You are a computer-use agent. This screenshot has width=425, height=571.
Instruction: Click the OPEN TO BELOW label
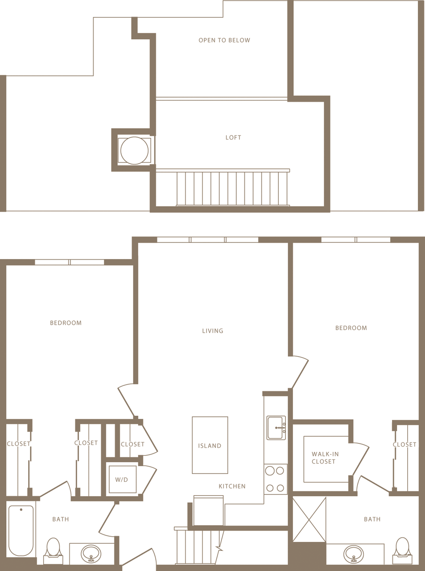click(x=224, y=40)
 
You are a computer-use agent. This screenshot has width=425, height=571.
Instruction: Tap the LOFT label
click(x=233, y=137)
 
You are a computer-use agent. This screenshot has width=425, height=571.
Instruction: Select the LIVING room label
click(x=212, y=331)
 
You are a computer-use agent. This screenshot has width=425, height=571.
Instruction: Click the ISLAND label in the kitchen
click(x=210, y=446)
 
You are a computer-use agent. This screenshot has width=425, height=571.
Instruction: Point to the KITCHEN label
click(x=232, y=486)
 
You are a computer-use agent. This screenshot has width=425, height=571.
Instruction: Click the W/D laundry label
click(x=121, y=480)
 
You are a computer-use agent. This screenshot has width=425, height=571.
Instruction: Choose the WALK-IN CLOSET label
click(x=325, y=458)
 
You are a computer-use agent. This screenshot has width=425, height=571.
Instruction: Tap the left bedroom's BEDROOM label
click(x=66, y=323)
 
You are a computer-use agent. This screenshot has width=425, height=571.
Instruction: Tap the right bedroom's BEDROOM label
click(x=351, y=328)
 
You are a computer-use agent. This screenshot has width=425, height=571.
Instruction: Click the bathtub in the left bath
click(x=21, y=530)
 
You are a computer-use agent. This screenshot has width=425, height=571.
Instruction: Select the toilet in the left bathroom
click(x=53, y=550)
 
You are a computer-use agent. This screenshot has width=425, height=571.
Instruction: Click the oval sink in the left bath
click(x=91, y=554)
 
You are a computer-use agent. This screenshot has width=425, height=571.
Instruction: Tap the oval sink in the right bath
click(x=354, y=554)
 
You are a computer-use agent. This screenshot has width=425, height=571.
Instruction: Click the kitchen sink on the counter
click(x=276, y=428)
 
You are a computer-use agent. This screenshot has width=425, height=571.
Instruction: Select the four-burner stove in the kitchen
click(x=275, y=479)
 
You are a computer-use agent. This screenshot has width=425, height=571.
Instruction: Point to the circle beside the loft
click(x=134, y=151)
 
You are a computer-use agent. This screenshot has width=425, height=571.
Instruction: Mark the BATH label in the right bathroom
click(x=372, y=519)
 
